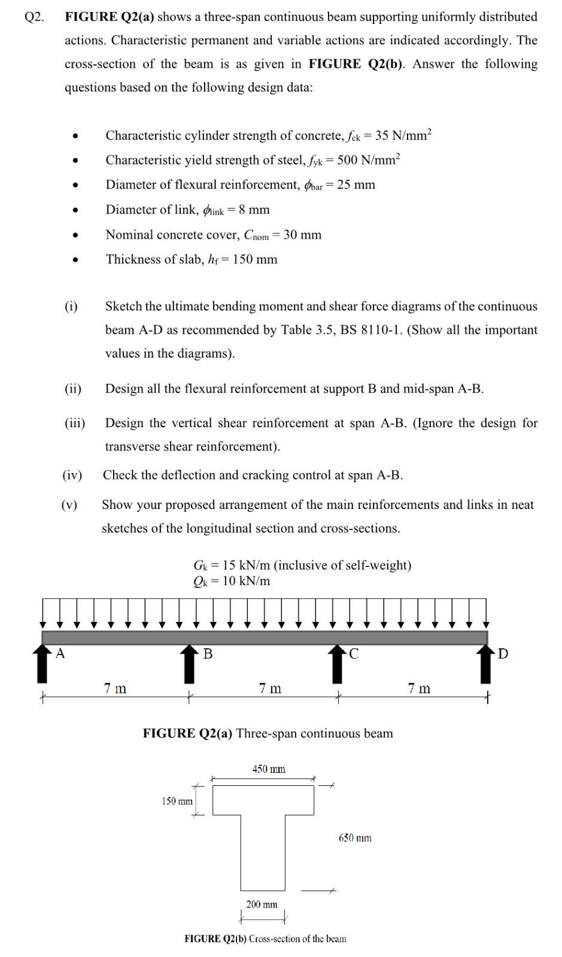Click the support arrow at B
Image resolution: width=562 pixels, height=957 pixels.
pyautogui.click(x=189, y=664)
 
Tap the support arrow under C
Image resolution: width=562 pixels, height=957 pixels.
pyautogui.click(x=338, y=664)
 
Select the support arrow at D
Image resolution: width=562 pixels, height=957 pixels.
pyautogui.click(x=485, y=664)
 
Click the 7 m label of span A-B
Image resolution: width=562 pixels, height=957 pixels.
pyautogui.click(x=115, y=688)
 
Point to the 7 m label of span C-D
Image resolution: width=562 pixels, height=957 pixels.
pyautogui.click(x=419, y=688)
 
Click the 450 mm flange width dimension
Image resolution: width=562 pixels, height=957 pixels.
pyautogui.click(x=269, y=769)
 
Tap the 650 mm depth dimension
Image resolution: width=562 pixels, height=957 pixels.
pyautogui.click(x=355, y=838)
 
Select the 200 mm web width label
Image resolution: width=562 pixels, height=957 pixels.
pyautogui.click(x=262, y=904)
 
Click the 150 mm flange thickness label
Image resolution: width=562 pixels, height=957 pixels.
pyautogui.click(x=177, y=800)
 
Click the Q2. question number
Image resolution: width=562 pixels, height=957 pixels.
pyautogui.click(x=35, y=17)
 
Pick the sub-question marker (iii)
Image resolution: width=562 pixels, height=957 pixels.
pyautogui.click(x=75, y=423)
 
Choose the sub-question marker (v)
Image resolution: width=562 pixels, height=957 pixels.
pyautogui.click(x=69, y=505)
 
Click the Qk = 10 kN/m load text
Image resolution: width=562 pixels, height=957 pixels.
pyautogui.click(x=232, y=581)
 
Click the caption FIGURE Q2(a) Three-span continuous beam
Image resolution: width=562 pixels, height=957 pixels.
pyautogui.click(x=268, y=733)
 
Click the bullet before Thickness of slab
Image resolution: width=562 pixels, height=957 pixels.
pyautogui.click(x=75, y=260)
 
